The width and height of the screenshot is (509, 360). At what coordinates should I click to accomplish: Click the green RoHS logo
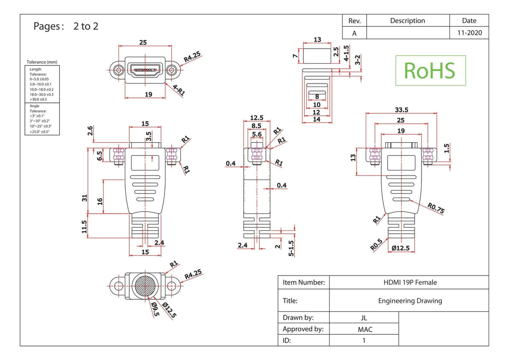coord(430,71)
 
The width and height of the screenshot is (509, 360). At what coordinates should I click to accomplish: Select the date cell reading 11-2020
coord(469,33)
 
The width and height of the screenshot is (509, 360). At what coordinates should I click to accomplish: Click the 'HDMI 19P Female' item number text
coord(410,282)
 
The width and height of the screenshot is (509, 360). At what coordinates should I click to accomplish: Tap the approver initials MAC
coord(365,330)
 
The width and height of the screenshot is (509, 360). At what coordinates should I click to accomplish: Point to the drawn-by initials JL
coord(364,318)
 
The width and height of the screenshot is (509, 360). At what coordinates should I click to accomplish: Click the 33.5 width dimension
coord(401,110)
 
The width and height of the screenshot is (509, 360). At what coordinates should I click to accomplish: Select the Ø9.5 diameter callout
coord(155,309)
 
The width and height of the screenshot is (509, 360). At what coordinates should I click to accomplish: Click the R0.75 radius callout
coord(435,208)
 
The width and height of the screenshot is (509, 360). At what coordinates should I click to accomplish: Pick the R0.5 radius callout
coord(376,245)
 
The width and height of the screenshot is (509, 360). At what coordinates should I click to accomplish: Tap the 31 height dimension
coord(85,198)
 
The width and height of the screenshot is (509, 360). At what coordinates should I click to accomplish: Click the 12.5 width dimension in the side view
coord(256,117)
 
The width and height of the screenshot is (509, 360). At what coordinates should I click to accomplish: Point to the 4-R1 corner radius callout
coord(178,90)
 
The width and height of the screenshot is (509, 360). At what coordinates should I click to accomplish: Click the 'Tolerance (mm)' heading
coord(42,62)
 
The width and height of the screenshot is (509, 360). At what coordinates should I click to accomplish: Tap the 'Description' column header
coord(408,21)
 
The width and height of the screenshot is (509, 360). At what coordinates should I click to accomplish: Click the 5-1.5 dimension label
coord(291,248)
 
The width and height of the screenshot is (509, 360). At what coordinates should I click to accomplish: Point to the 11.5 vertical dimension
coord(85,227)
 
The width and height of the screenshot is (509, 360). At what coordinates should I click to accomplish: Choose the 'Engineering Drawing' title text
coord(410,301)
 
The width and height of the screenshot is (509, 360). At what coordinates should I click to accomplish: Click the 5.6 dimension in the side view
coord(257,134)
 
